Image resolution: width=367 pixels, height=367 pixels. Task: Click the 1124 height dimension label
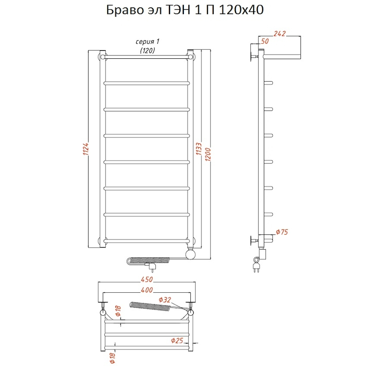coord(86,149)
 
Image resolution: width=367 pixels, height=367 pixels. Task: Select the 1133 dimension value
coord(199,148)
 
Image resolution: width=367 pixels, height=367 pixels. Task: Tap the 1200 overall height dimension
coord(208,154)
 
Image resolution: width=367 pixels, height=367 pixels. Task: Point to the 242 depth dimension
coord(279,34)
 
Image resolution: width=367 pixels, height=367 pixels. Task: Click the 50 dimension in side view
coord(265,41)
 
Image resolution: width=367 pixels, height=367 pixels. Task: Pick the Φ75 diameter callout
coord(282,232)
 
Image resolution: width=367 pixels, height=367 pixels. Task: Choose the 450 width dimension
coord(147,279)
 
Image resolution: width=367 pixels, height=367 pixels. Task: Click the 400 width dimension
coord(147,290)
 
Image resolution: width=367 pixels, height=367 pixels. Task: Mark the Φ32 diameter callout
coord(165,300)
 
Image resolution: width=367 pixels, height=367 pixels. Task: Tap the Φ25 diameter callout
coord(177,340)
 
